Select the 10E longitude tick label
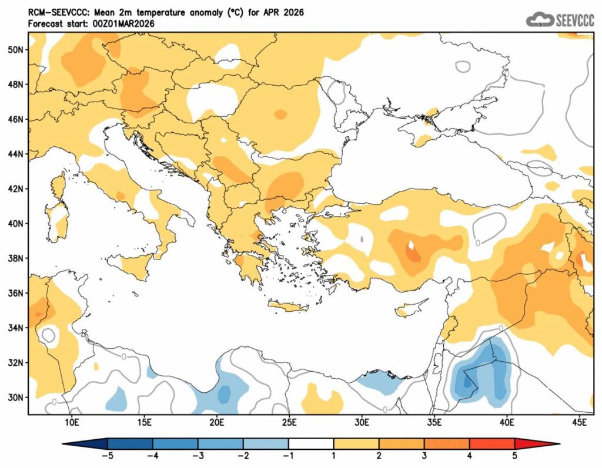tap(72, 422)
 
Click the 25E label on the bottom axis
tap(289, 422)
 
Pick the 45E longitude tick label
tap(580, 422)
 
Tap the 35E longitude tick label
tap(434, 422)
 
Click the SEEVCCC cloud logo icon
tap(540, 20)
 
